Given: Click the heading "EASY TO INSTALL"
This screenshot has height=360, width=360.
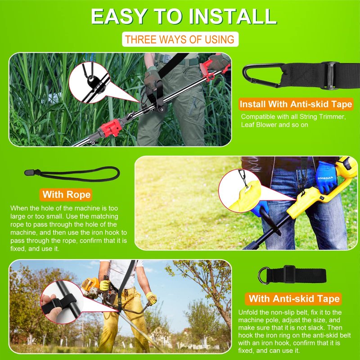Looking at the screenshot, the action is (x=184, y=17).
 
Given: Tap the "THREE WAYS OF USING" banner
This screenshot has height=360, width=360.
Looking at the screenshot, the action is (x=180, y=39).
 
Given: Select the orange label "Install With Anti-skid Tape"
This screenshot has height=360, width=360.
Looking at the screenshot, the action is (x=296, y=104).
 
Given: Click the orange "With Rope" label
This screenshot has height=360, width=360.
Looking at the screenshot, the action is (x=66, y=195).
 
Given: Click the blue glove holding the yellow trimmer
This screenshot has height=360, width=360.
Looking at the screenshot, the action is (x=326, y=176).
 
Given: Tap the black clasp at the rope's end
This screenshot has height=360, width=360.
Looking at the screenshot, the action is (x=30, y=172).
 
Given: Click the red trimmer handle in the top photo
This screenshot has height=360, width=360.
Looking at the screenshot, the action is (x=216, y=65).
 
